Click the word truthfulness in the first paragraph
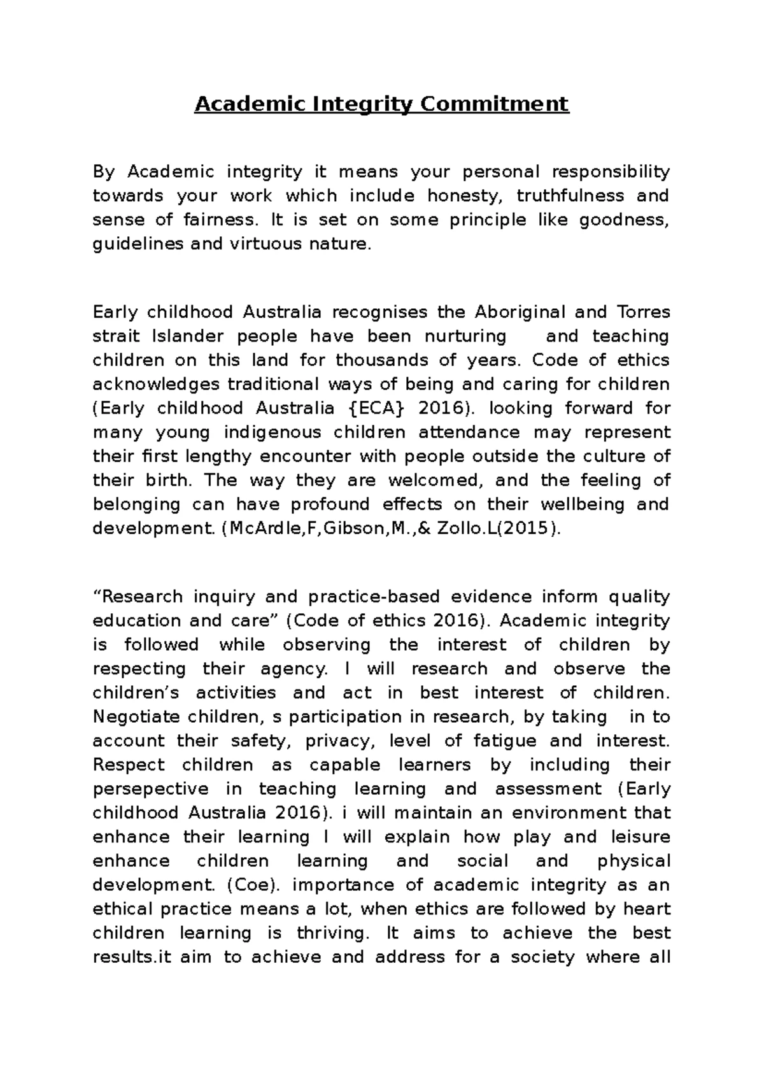coord(562,195)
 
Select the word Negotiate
coord(136,717)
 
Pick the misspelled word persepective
coord(150,789)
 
